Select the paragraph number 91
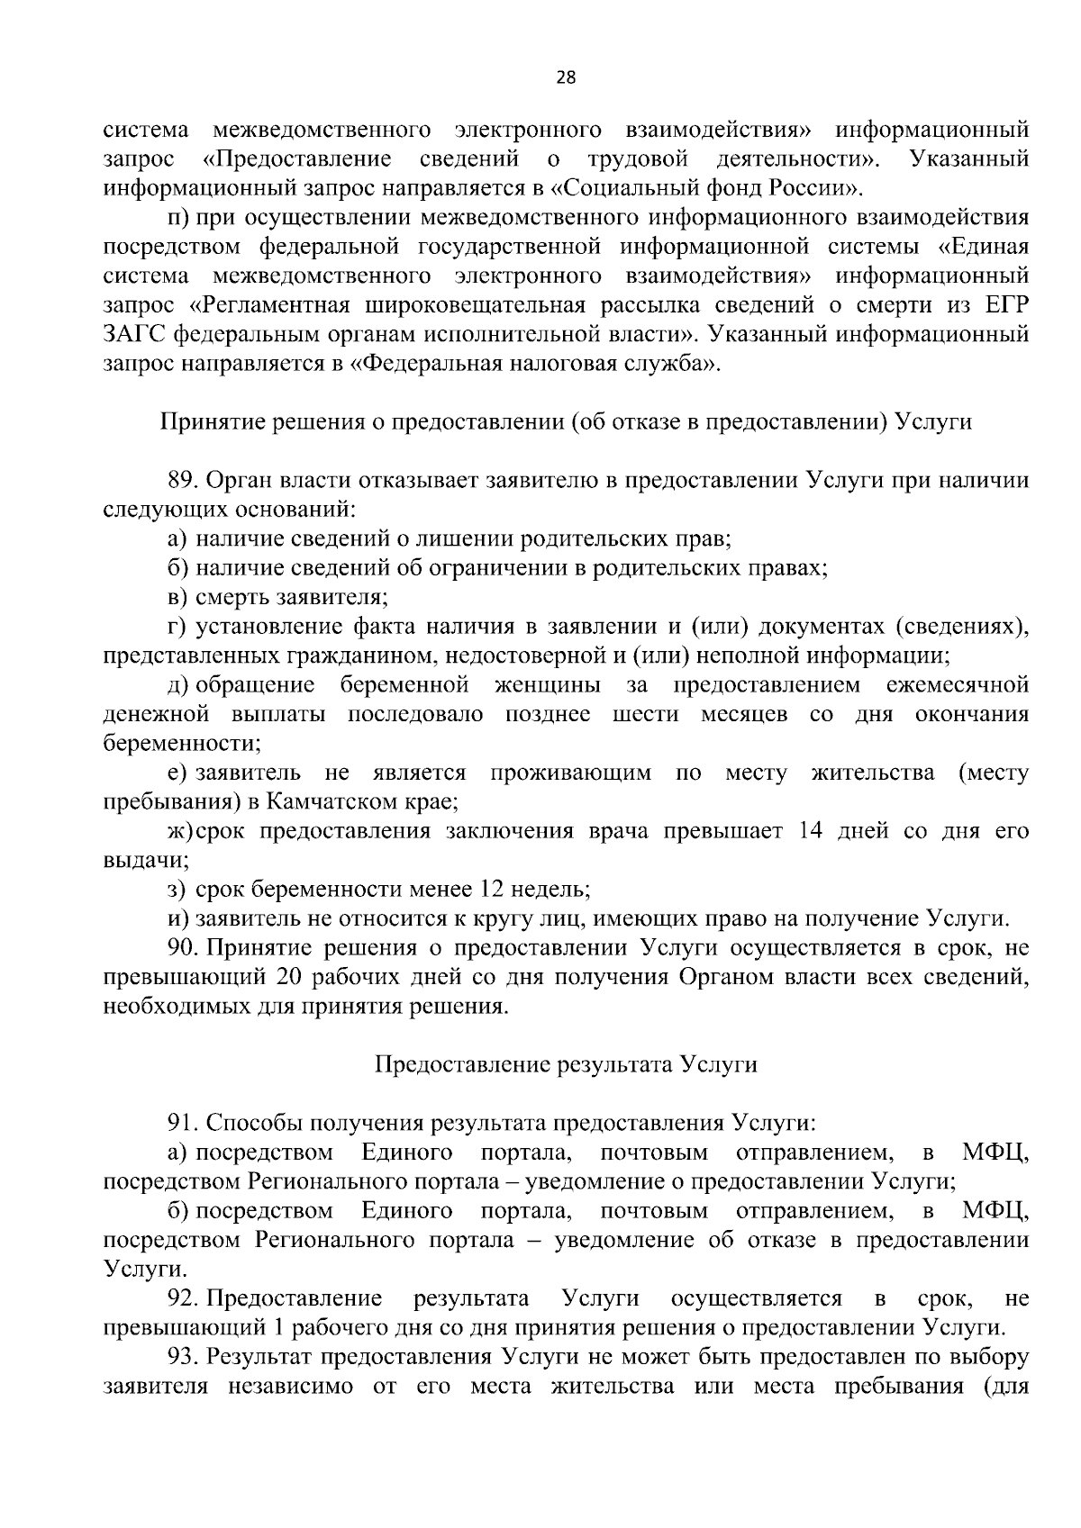(183, 1123)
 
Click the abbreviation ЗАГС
(134, 335)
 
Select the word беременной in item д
(404, 685)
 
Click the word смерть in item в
(235, 597)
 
